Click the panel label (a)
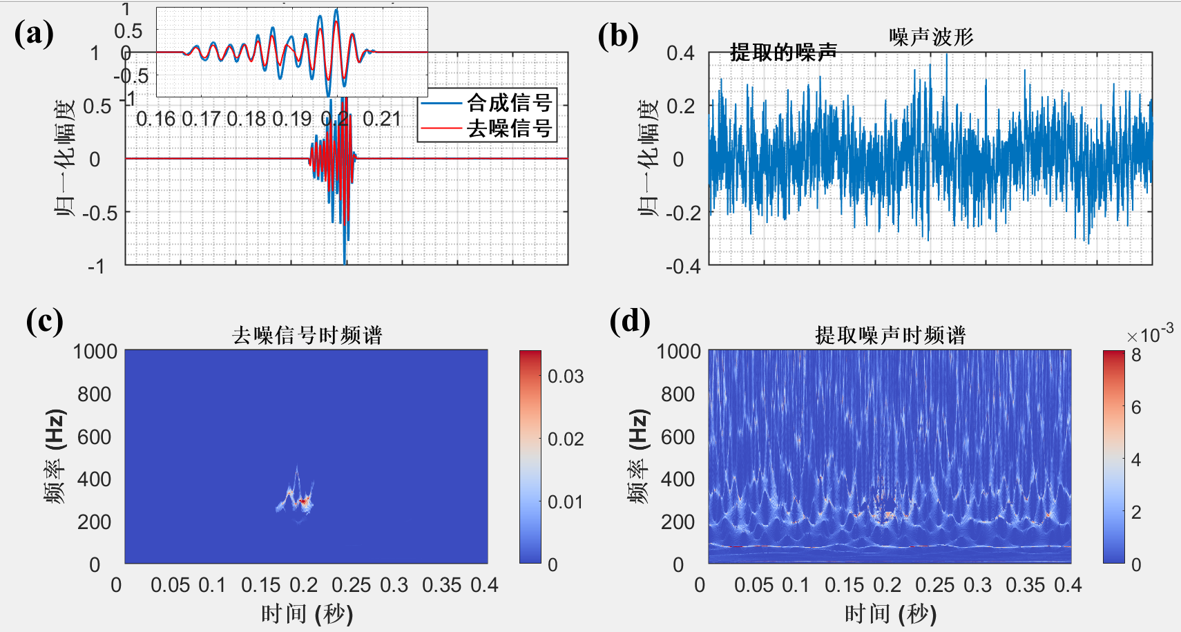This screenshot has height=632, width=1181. click(34, 33)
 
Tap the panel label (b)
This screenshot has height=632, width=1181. click(617, 36)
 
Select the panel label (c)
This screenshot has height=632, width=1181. click(44, 321)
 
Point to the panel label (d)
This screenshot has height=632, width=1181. click(629, 321)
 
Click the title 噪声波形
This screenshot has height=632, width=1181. click(931, 37)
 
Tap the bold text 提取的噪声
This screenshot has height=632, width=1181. click(783, 52)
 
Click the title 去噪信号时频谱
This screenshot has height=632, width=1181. click(307, 336)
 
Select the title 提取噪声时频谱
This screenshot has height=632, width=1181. click(890, 336)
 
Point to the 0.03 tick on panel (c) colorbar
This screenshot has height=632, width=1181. click(566, 376)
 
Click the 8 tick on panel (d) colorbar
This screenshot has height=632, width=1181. click(1136, 356)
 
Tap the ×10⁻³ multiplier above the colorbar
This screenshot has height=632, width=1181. click(1150, 334)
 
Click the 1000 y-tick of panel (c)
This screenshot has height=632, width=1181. click(95, 352)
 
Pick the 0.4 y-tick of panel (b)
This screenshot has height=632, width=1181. click(680, 53)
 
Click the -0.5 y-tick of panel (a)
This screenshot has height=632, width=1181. click(100, 213)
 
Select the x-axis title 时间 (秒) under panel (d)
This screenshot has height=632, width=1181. click(890, 613)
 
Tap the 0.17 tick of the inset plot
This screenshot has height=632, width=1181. click(201, 119)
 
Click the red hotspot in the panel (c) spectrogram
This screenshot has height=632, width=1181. click(303, 500)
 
